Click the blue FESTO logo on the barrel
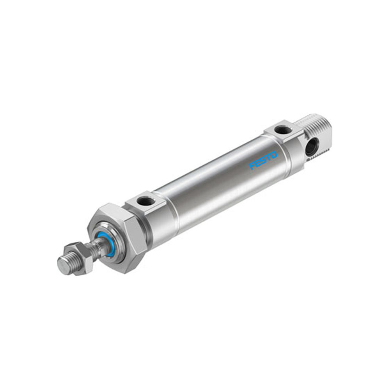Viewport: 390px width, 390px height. (x=263, y=160)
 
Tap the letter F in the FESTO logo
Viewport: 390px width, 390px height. (x=252, y=166)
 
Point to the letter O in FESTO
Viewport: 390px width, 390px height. (x=274, y=155)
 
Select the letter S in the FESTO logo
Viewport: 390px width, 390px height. (x=263, y=160)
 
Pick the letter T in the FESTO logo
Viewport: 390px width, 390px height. (x=268, y=158)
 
